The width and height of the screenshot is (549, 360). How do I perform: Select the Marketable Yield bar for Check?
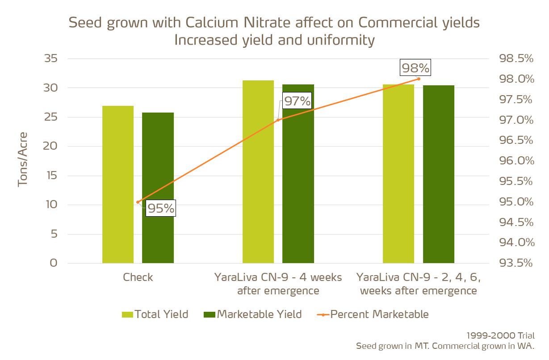point(158,188)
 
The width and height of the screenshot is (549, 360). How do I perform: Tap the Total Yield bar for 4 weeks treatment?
point(258,172)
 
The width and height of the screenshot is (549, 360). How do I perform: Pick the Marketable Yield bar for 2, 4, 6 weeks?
point(438,174)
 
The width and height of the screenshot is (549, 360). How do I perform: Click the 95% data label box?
point(161,209)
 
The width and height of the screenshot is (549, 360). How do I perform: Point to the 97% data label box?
point(297,101)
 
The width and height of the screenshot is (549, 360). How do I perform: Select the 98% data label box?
point(415,68)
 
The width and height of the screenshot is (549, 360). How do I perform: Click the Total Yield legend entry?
point(155,314)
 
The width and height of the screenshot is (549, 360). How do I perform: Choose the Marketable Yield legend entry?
point(252,314)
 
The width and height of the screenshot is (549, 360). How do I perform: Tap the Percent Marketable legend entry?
point(373,314)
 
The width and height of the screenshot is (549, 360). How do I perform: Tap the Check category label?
point(138,277)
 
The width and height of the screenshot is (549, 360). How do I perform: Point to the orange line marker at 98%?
point(419,79)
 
